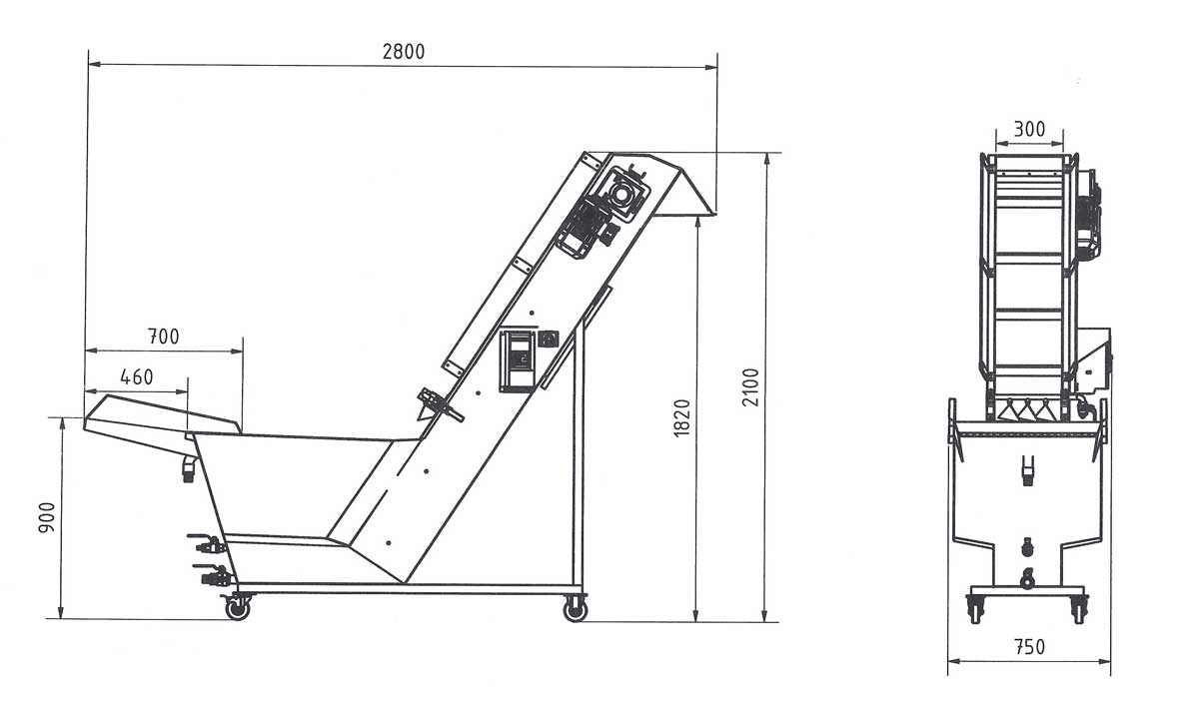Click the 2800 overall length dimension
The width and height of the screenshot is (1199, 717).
pos(403,52)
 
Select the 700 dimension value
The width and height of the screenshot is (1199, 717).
pos(163,337)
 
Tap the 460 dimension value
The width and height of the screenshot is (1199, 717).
pos(136,377)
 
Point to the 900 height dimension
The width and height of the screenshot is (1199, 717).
pos(47,517)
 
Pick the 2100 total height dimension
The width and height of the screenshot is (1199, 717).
pos(751,386)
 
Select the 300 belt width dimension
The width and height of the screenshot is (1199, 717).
pos(1029,129)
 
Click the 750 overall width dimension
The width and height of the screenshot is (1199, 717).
pos(1028,646)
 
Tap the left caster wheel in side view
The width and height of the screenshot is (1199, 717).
pos(237,607)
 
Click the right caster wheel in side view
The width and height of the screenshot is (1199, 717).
pos(575,609)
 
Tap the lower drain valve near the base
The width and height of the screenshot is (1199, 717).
pos(214,576)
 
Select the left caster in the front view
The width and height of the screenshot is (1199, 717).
pos(976,607)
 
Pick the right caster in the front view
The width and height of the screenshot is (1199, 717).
pos(1078,607)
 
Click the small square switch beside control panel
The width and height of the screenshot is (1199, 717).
pos(548,340)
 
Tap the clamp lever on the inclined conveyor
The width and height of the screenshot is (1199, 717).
pos(438,403)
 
